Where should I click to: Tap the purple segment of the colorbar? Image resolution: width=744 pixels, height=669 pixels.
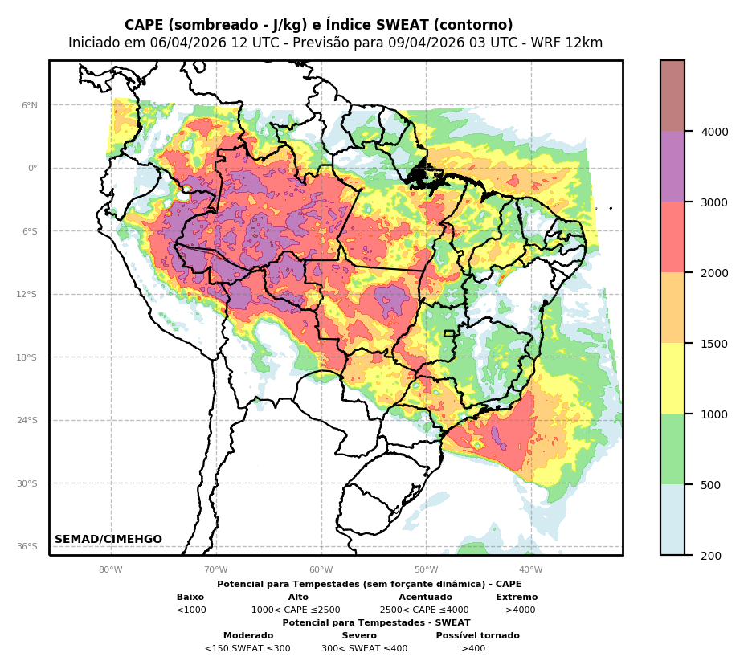pyautogui.click(x=672, y=166)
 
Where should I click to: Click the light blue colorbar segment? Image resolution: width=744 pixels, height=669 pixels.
pyautogui.click(x=672, y=520)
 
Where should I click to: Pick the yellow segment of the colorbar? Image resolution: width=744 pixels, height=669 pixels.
pyautogui.click(x=672, y=378)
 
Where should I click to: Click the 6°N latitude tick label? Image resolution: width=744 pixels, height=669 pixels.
pyautogui.click(x=29, y=105)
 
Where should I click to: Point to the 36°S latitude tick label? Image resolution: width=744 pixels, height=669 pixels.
pyautogui.click(x=27, y=546)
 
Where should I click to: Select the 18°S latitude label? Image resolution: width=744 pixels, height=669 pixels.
pyautogui.click(x=27, y=357)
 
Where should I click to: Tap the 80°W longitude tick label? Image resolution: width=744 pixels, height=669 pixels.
pyautogui.click(x=111, y=570)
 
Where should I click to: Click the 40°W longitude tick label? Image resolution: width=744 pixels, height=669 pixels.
pyautogui.click(x=530, y=570)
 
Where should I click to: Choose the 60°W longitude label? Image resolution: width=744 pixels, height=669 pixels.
pyautogui.click(x=321, y=570)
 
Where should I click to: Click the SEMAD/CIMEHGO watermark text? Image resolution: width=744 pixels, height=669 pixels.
pyautogui.click(x=108, y=540)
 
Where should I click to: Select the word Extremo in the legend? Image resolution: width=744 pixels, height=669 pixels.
pyautogui.click(x=517, y=598)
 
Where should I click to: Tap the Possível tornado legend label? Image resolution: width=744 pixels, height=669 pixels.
pyautogui.click(x=477, y=636)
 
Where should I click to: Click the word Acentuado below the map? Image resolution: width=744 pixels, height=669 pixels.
pyautogui.click(x=425, y=598)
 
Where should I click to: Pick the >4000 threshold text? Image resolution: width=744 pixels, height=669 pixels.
pyautogui.click(x=520, y=610)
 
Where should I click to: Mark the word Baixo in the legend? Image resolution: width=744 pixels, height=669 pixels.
pyautogui.click(x=190, y=598)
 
